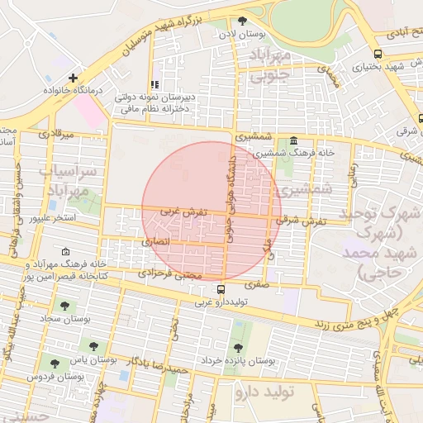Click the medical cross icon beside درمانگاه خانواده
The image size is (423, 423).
pos(74,78)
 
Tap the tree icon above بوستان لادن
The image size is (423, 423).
pos(242,21)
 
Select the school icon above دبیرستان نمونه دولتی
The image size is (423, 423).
pos(154,84)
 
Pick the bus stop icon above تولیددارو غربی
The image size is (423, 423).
pos(221,289)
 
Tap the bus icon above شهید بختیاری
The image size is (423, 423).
pos(378,54)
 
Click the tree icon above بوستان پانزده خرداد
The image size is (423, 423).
pos(239,348)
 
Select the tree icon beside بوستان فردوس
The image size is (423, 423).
pos(55,363)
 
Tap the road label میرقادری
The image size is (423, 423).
pos(57,133)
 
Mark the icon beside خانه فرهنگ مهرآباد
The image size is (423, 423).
pos(66,250)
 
